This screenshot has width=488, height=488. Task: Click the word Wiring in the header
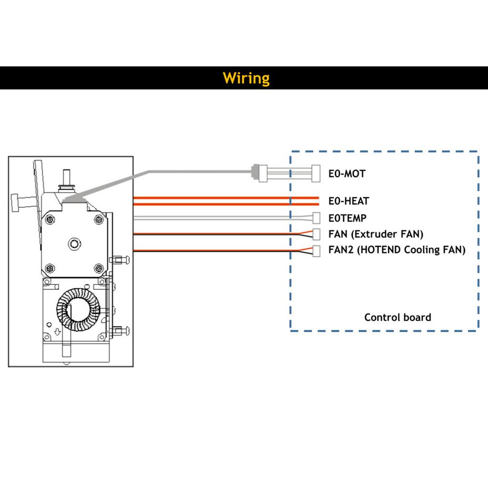click(246, 78)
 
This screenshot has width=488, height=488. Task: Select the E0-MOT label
click(347, 173)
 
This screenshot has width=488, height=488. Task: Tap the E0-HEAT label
click(349, 201)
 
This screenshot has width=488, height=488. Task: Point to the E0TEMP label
click(347, 218)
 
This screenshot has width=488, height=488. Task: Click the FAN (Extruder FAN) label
click(376, 234)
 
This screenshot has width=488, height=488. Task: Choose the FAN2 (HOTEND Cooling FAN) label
click(396, 250)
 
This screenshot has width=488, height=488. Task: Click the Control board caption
click(397, 317)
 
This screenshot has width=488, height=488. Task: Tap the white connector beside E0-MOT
click(315, 173)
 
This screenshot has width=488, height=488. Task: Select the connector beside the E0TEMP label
click(316, 218)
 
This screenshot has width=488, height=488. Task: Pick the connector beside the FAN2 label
click(316, 250)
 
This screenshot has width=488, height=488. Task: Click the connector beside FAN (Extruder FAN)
click(316, 234)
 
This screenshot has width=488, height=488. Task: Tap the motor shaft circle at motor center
click(74, 244)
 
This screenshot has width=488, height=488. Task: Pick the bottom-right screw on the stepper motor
click(99, 267)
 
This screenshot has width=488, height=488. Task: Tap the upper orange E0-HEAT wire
click(224, 197)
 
